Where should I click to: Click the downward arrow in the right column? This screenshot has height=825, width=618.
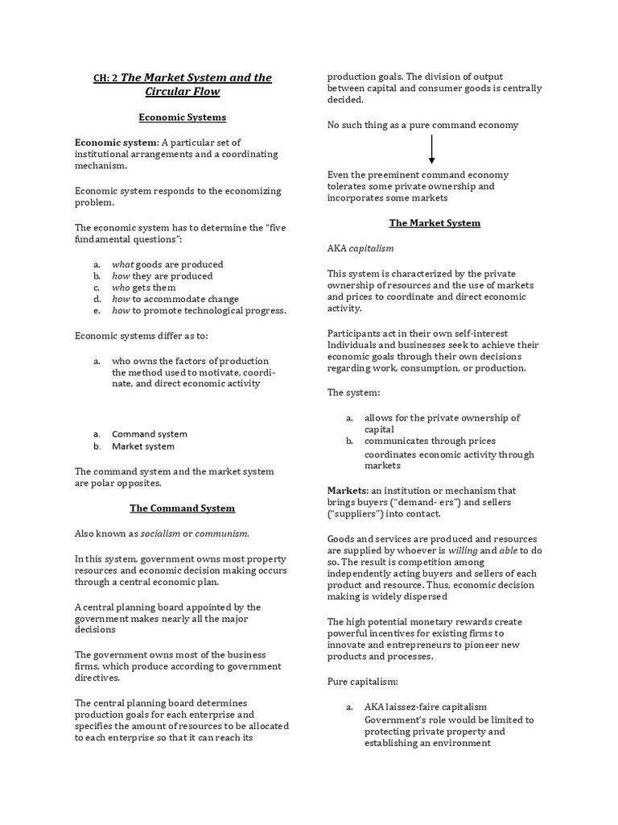point(431,149)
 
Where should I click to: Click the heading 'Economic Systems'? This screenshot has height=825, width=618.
point(183,118)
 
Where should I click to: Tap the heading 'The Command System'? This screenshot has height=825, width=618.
point(183,508)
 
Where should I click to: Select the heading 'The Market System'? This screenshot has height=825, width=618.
point(435,223)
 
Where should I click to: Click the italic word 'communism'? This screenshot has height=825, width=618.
point(222,533)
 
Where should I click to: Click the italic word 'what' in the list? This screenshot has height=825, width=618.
point(122,264)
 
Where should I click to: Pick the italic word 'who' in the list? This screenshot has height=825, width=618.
point(121,288)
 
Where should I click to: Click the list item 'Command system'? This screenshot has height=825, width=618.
point(150,434)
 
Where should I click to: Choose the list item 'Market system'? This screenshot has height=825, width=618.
point(143,446)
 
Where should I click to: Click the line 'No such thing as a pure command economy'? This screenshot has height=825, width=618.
point(422,125)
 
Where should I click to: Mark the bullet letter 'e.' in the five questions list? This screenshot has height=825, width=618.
point(97,311)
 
